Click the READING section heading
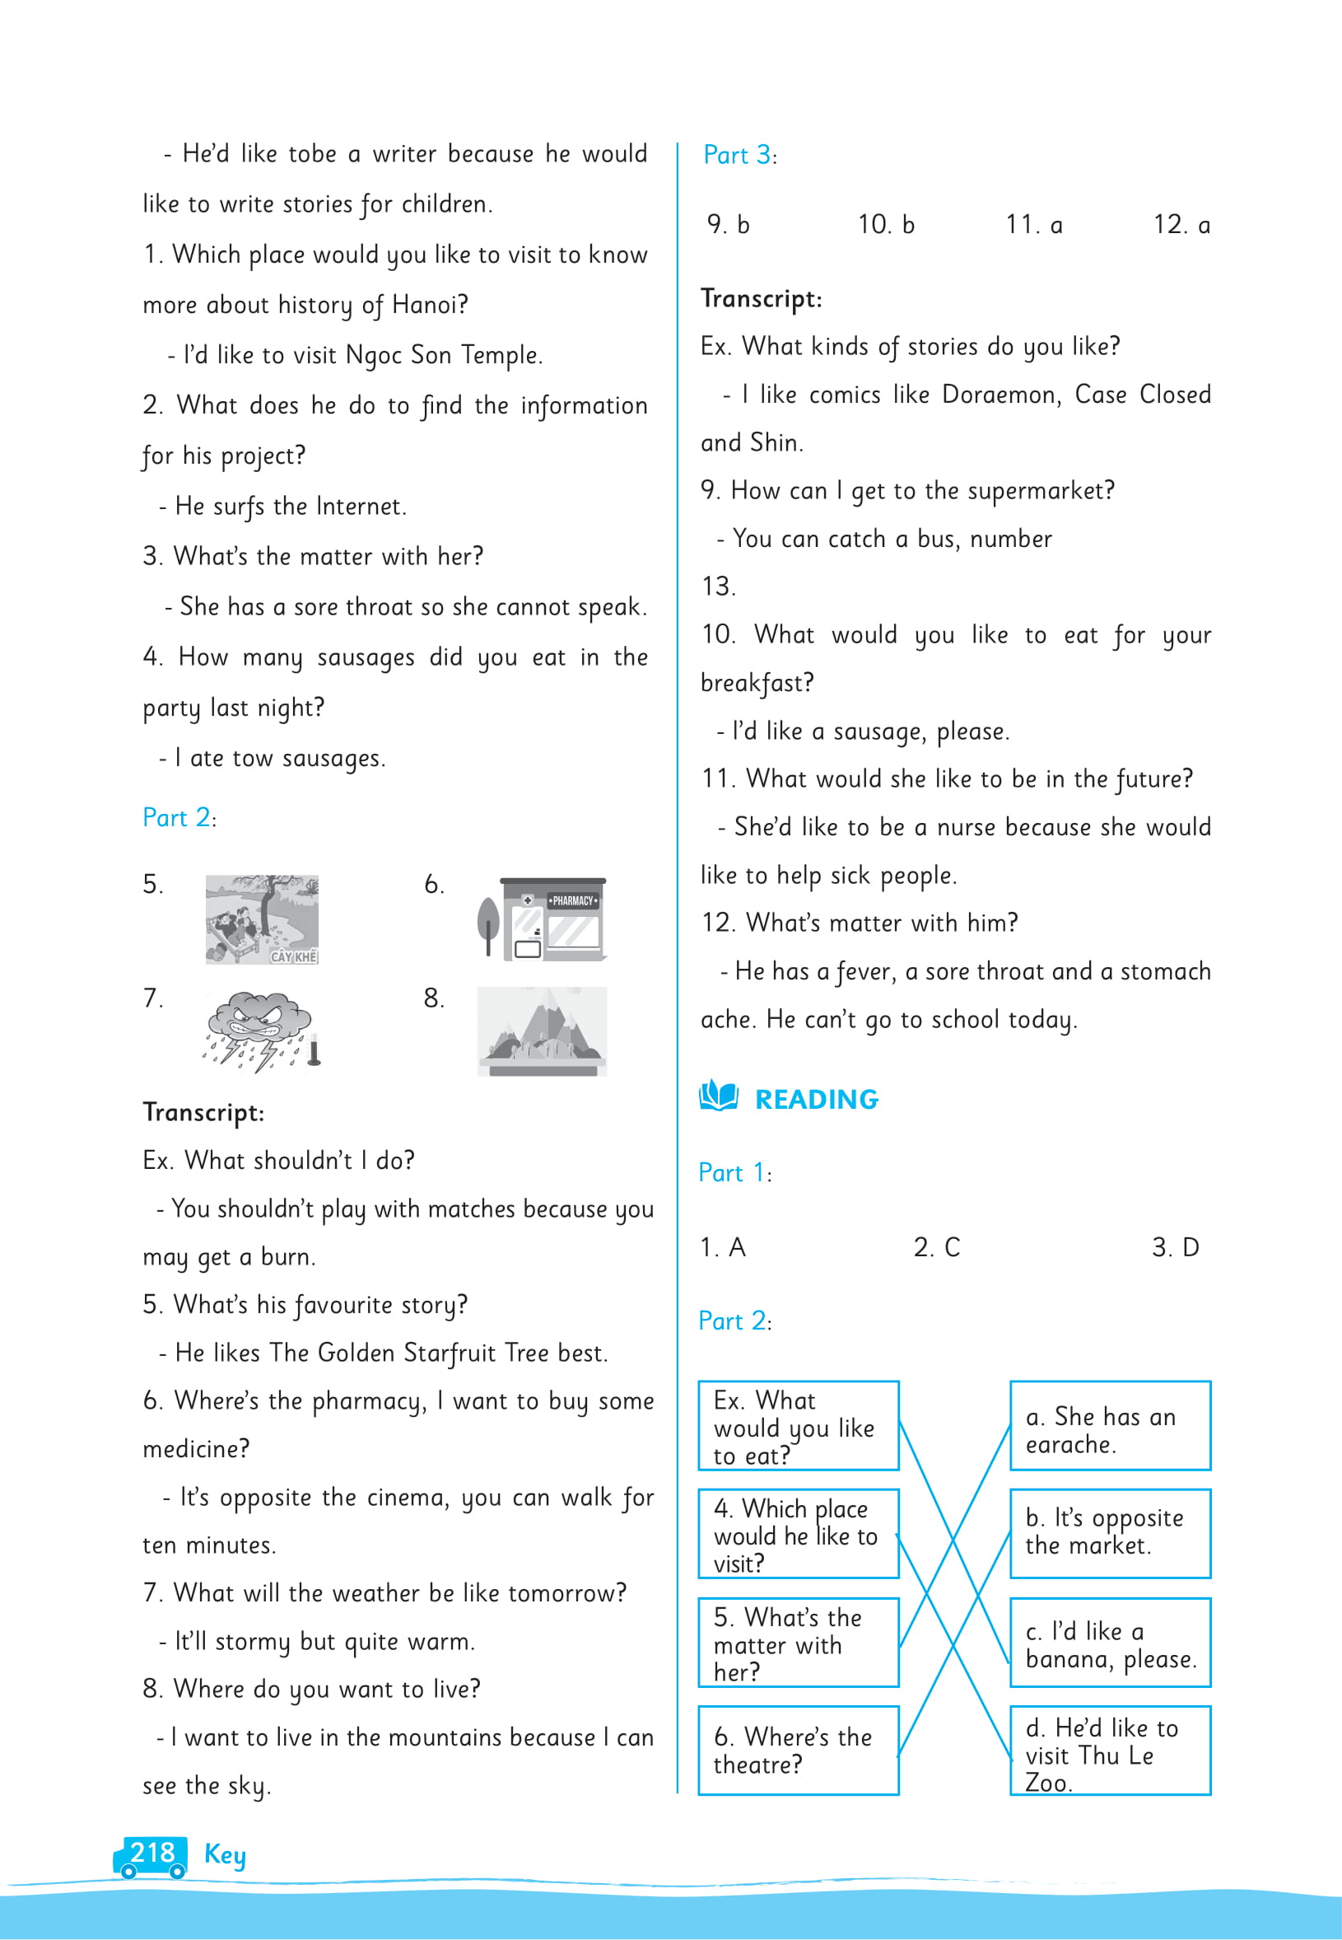(816, 1099)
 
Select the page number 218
(152, 1853)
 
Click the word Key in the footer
(225, 1854)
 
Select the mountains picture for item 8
(543, 1031)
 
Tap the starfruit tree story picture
(262, 919)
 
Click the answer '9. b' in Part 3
(728, 225)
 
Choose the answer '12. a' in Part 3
(1181, 225)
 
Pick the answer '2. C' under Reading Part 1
(937, 1246)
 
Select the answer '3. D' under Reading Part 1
(1176, 1246)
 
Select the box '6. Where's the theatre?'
(798, 1750)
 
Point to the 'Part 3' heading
(738, 155)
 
